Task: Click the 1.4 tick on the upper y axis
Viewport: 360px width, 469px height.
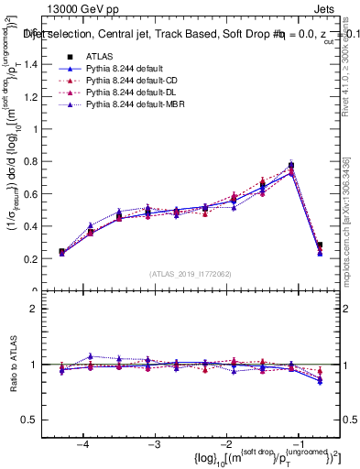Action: (x=40, y=64)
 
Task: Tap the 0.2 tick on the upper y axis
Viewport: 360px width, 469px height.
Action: (x=40, y=259)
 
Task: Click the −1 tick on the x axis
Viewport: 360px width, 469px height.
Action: (x=299, y=443)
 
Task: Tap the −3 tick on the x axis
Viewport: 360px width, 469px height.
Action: (x=155, y=443)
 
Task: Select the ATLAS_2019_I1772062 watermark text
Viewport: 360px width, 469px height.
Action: (x=191, y=274)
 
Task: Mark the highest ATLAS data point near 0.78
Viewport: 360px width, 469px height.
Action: (x=291, y=166)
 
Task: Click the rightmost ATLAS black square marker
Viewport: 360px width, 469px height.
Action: (x=320, y=245)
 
